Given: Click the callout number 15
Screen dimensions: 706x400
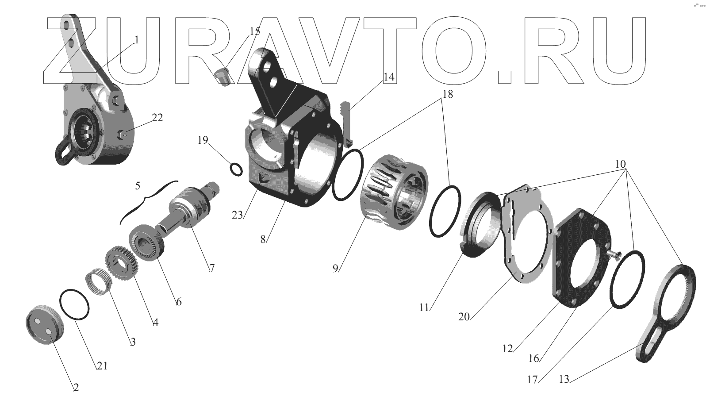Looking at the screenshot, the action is (x=255, y=31).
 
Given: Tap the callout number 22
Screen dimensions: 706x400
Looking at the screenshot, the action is (x=157, y=118).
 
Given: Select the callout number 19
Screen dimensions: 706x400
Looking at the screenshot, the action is (x=203, y=140).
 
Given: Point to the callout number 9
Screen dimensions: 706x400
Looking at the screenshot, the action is (x=335, y=268).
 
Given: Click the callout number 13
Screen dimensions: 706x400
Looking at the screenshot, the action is (x=564, y=379).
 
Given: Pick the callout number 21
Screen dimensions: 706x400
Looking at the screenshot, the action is (x=102, y=365).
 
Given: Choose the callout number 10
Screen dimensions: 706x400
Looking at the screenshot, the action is (x=620, y=164).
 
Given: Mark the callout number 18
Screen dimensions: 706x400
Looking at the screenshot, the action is (x=448, y=94).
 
